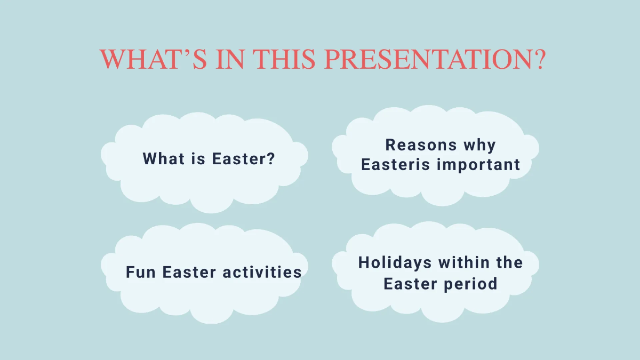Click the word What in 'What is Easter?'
point(161,158)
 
